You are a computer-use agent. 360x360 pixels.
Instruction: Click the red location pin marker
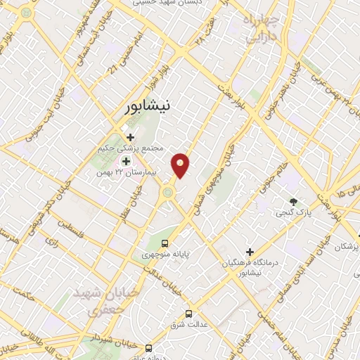(181, 165)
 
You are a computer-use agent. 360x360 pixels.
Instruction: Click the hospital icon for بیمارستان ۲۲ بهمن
(127, 161)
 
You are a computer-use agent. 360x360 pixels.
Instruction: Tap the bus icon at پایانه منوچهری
(165, 243)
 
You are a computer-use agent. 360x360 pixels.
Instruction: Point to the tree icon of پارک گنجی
(292, 201)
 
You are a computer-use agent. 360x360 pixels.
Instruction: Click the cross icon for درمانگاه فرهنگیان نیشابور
(250, 252)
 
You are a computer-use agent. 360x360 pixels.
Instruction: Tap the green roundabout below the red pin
(168, 191)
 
